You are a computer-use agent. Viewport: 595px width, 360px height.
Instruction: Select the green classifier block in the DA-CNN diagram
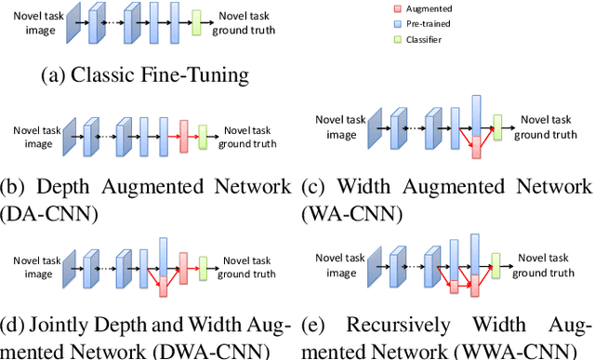(203, 136)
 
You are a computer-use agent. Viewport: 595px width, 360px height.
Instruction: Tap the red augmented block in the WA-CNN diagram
(477, 146)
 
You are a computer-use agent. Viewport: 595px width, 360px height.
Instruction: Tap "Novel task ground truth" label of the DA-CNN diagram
(249, 137)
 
